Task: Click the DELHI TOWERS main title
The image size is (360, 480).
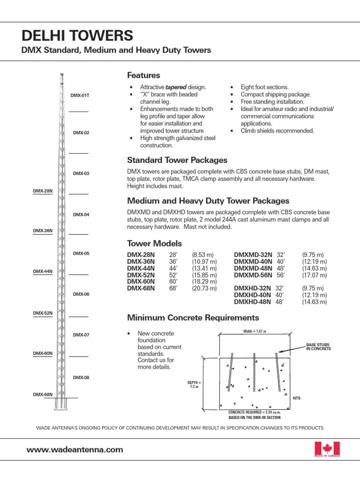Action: click(x=77, y=36)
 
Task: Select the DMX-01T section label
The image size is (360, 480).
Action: click(x=80, y=95)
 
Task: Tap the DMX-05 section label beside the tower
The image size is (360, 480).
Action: click(x=81, y=254)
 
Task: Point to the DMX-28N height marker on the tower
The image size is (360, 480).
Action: click(x=42, y=191)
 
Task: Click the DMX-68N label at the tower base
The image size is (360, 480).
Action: click(x=43, y=395)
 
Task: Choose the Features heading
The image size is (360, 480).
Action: click(x=143, y=75)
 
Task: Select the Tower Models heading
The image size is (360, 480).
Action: click(x=154, y=244)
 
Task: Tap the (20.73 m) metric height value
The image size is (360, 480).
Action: click(x=204, y=288)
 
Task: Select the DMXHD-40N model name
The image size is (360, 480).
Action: click(x=253, y=295)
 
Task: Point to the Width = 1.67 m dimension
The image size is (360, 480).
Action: click(x=255, y=331)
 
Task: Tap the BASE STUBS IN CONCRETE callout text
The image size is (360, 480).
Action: click(x=318, y=347)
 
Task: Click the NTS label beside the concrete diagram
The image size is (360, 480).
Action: click(x=296, y=398)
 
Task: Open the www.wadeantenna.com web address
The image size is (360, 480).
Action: click(x=75, y=450)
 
